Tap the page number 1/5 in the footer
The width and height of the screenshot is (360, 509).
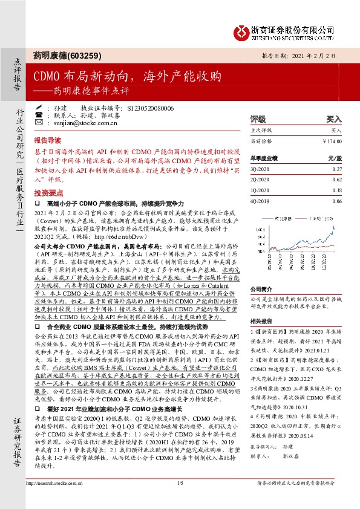(x=180, y=499)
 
